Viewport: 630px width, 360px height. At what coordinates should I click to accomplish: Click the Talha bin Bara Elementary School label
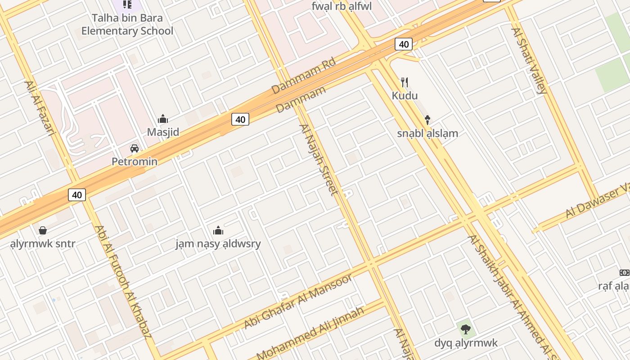(127, 25)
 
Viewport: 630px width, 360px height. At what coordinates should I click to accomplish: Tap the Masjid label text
(163, 132)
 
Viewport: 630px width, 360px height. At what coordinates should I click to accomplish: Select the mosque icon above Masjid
(163, 119)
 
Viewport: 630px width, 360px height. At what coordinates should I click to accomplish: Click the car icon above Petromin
(134, 148)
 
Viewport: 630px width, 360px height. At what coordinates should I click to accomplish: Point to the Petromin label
(135, 162)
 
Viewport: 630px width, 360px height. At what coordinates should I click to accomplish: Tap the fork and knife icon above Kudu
(405, 82)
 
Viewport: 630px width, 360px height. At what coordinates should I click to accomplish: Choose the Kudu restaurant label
(405, 95)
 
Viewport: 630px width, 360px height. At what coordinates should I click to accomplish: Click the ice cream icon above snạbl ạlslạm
(427, 120)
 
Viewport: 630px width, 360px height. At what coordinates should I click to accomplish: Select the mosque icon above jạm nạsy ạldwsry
(218, 230)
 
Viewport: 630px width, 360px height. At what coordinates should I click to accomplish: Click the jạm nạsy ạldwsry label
(218, 244)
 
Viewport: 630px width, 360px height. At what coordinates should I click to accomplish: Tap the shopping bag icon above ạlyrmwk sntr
(43, 230)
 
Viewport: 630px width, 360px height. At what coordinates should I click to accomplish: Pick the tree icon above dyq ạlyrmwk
(466, 329)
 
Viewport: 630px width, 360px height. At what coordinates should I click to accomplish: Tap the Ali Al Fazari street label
(40, 108)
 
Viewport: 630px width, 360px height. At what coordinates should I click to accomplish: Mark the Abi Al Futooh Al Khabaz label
(123, 281)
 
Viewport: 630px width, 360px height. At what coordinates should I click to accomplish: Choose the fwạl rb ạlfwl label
(342, 6)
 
